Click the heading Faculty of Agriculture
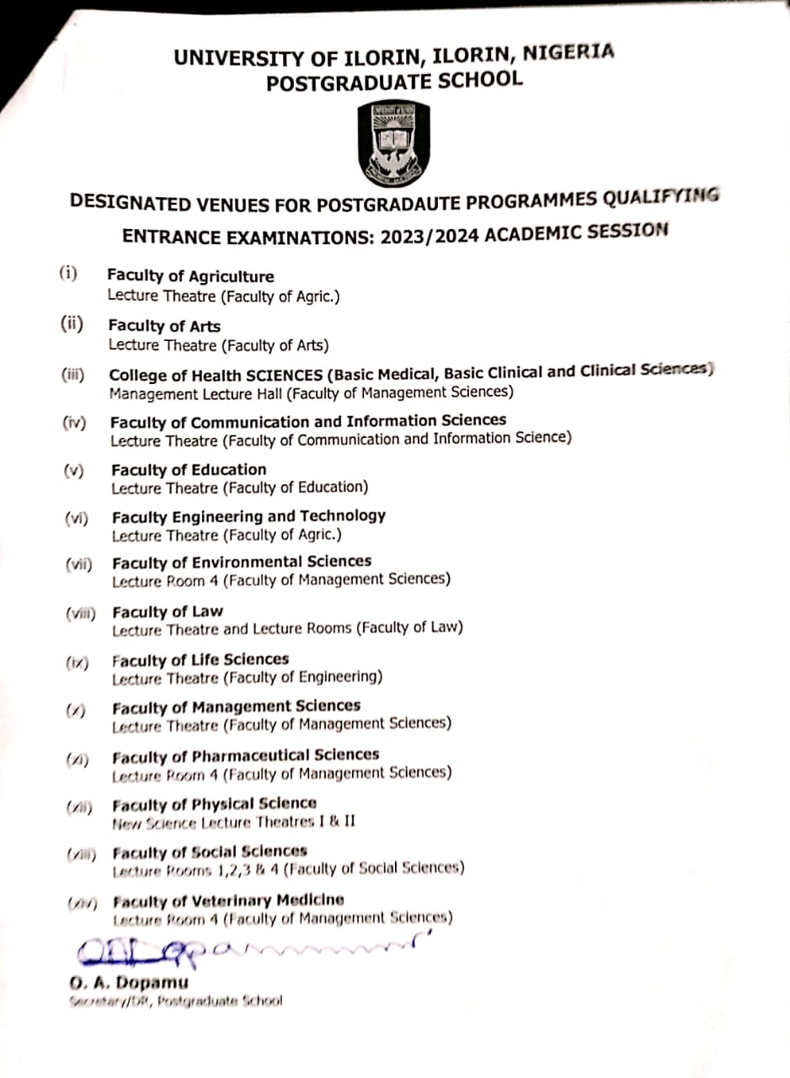point(190,276)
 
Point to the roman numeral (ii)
point(72,323)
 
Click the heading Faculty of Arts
point(164,326)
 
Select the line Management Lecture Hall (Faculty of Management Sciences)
point(312,392)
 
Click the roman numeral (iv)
point(74,423)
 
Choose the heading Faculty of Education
point(189,470)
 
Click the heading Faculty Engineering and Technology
point(248,516)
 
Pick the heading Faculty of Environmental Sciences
point(242,562)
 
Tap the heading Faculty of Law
point(168,611)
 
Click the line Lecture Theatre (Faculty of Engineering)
point(248,677)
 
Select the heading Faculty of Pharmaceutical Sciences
point(246,755)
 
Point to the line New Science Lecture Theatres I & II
point(234,820)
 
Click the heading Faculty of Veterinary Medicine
point(228,900)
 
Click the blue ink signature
point(244,949)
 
